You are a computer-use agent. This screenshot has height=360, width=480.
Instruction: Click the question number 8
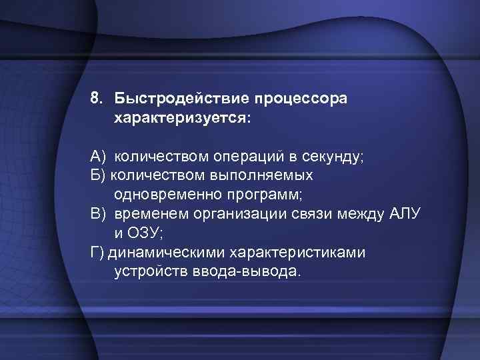coord(97,99)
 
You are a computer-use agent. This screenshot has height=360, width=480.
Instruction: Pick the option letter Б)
coord(97,175)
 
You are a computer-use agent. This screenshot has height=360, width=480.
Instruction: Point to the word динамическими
coord(167,253)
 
